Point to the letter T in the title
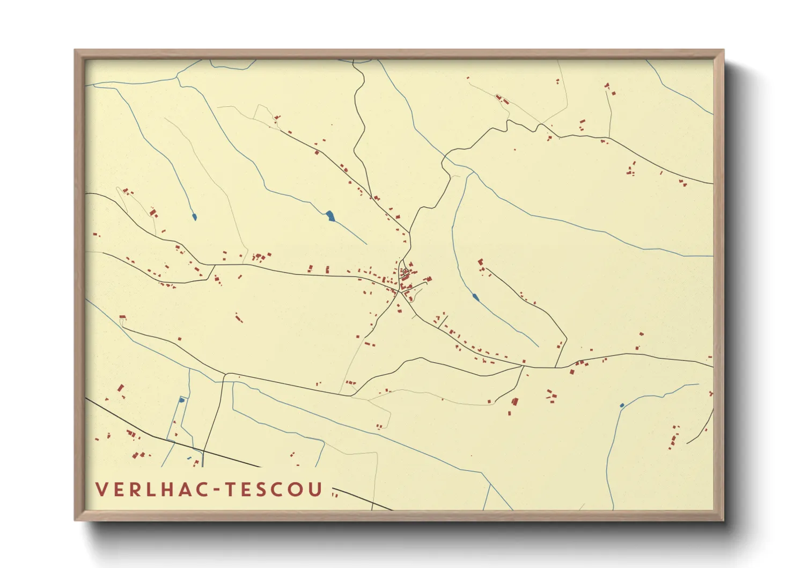pos(231,489)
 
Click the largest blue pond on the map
pos(330,216)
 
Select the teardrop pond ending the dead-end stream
pos(194,217)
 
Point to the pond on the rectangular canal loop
pos(181,400)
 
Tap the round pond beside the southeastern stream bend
pos(622,405)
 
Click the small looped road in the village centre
pos(405,272)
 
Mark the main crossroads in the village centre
pos(400,293)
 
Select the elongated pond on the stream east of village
pos(475,296)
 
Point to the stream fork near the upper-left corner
pos(177,78)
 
